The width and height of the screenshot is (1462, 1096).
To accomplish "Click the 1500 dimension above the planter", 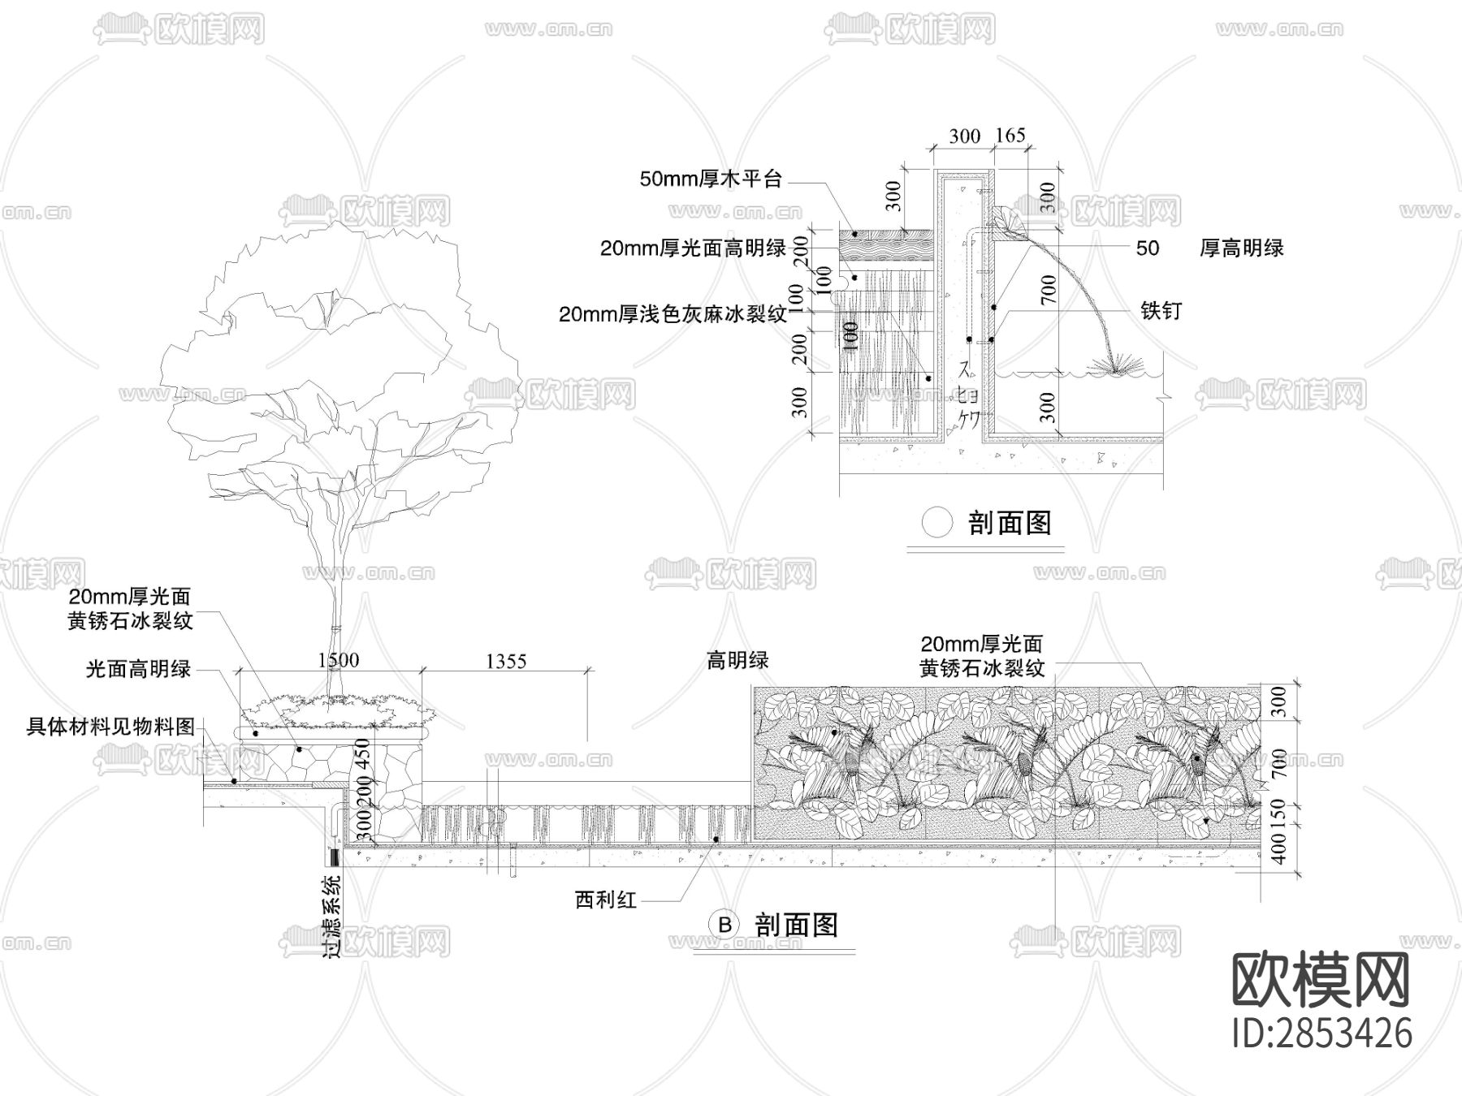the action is pos(338,659).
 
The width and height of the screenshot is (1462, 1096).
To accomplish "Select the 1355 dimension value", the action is pos(506,662).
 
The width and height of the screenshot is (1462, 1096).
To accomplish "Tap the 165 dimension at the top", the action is pos(1010,136).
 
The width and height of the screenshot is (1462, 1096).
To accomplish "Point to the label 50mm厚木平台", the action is pos(710,179).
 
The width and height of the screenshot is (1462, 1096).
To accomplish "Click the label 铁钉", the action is pos(1161,310).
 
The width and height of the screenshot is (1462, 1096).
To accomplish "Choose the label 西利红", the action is pos(605,900).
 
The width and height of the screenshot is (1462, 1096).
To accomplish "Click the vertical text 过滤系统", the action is pos(333,916).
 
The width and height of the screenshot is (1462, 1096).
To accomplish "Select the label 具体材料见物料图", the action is pos(111,727).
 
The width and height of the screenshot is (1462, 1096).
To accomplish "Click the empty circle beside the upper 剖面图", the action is pos(936,523).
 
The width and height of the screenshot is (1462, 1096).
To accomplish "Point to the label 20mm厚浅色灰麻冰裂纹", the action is pos(673,314).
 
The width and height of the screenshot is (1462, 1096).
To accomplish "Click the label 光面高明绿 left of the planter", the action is pos(138,670).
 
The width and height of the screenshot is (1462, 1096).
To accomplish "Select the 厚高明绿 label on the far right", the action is pos(1241,248).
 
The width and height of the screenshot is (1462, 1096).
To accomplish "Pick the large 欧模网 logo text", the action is pos(1321,980).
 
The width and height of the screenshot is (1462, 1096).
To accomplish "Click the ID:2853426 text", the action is pos(1322,1033).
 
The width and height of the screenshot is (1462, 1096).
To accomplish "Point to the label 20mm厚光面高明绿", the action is pos(693,248).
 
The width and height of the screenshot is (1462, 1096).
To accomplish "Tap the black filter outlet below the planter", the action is pos(334,856).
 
